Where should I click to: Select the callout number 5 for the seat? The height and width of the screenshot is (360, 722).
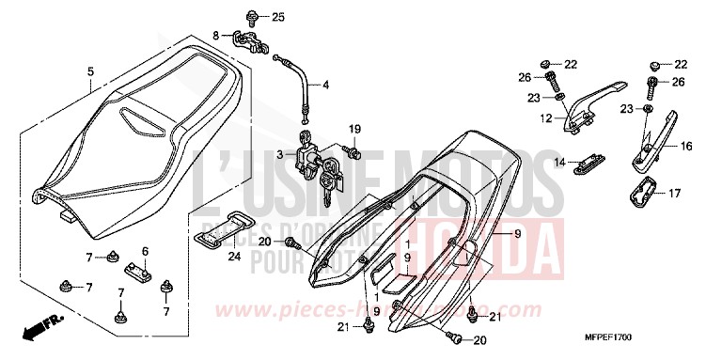click(90, 71)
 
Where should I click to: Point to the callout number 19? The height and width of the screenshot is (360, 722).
click(355, 128)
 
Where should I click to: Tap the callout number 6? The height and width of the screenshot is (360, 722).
click(146, 251)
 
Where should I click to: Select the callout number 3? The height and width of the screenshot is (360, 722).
click(279, 152)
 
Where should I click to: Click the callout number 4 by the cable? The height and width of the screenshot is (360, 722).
click(326, 85)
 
